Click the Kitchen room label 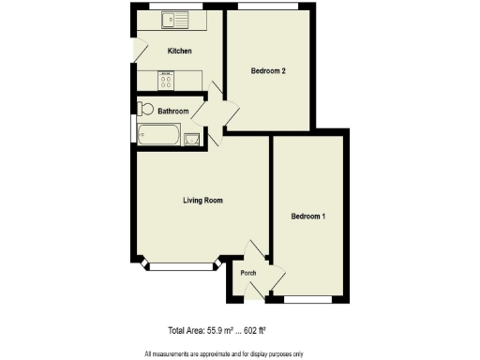pyautogui.click(x=179, y=51)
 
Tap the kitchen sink pyautogui.click(x=174, y=19)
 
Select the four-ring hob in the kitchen pyautogui.click(x=166, y=81)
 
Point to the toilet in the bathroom pyautogui.click(x=144, y=109)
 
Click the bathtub pyautogui.click(x=160, y=137)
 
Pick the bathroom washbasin pyautogui.click(x=192, y=140)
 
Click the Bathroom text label pyautogui.click(x=172, y=112)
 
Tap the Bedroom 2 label pyautogui.click(x=267, y=71)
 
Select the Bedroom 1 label pyautogui.click(x=307, y=217)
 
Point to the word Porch pyautogui.click(x=248, y=273)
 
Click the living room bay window pyautogui.click(x=181, y=267)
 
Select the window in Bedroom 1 pyautogui.click(x=308, y=299)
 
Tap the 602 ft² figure pyautogui.click(x=267, y=330)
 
